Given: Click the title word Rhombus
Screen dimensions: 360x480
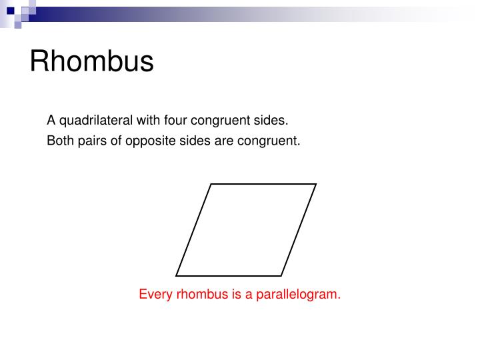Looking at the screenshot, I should point(91,62).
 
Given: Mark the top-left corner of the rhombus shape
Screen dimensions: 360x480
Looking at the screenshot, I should point(211,184).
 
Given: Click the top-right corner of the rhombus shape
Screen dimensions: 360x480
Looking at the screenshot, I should point(316,184).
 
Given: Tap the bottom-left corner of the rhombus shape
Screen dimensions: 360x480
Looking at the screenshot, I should point(177,275).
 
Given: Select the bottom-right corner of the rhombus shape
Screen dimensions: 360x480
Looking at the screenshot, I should point(281,275).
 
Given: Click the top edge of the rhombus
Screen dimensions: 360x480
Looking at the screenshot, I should point(263,184).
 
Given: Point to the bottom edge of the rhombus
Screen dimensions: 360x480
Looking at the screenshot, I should point(229,275).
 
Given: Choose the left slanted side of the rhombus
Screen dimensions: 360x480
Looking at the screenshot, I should point(194,229).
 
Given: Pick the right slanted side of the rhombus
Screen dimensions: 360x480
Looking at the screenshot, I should point(298,229).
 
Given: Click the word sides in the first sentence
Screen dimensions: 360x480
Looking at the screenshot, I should point(273,121).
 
